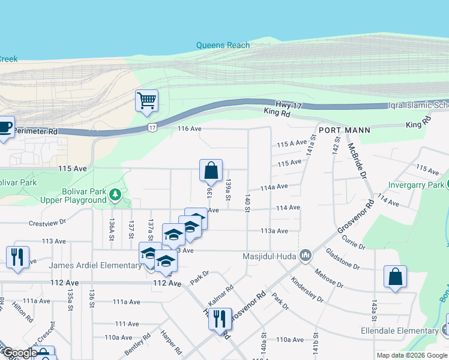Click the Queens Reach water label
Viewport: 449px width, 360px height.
click(x=223, y=45)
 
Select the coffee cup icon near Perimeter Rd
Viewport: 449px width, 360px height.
click(x=5, y=127)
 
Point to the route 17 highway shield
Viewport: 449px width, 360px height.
click(x=153, y=128)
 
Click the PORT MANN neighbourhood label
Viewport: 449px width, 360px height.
click(x=344, y=130)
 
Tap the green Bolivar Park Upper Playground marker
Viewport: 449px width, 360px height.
click(x=115, y=195)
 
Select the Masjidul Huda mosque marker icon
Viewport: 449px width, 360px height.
click(x=306, y=256)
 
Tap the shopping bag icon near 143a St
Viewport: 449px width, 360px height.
click(x=395, y=277)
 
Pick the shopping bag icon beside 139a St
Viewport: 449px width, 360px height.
click(x=211, y=171)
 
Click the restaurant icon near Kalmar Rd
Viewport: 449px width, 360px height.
click(x=220, y=317)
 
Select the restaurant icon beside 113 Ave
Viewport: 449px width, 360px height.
click(x=17, y=257)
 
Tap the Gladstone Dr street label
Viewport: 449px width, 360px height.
click(x=343, y=260)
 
